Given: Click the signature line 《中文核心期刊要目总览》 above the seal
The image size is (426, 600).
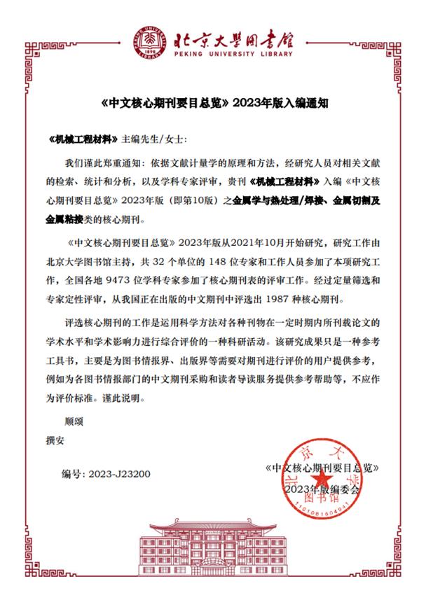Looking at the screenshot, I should point(324,467).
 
